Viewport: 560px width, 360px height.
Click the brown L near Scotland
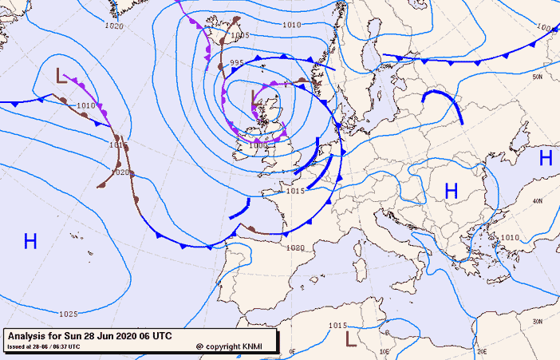pos(255,100)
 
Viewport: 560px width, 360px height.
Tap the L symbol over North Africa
pos(350,338)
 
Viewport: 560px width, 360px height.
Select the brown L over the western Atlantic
pos(61,76)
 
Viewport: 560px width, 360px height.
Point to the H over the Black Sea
pos(546,157)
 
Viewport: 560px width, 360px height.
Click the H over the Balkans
pos(452,191)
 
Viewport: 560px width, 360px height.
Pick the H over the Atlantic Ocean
pos(30,241)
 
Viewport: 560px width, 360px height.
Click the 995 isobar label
pos(237,62)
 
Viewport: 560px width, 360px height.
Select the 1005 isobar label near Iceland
pos(239,35)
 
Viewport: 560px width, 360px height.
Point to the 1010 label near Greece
pos(509,238)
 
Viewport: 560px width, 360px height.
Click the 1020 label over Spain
pos(295,248)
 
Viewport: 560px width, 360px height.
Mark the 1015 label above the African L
pos(337,325)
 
